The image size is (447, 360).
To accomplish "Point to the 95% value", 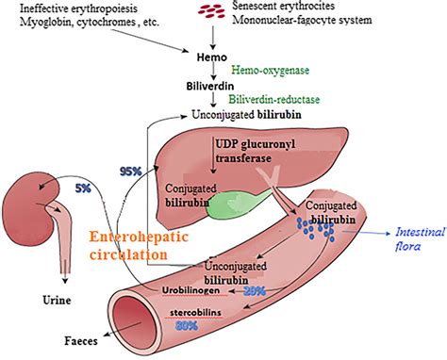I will pyautogui.click(x=131, y=171).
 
